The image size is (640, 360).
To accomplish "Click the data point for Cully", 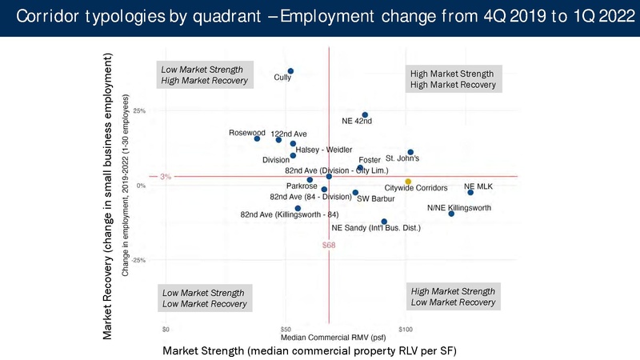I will pos(290,71).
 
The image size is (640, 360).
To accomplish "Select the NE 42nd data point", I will pos(365,115).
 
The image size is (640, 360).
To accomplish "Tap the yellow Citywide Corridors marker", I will pos(408,182).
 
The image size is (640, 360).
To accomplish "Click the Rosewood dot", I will pos(257,138).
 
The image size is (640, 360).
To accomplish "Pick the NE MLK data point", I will pos(470,192).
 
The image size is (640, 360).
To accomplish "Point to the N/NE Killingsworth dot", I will pos(451,214).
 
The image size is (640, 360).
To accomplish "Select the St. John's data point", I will pos(410,152).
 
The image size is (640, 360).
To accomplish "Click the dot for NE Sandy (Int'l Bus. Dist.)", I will pos(384,222).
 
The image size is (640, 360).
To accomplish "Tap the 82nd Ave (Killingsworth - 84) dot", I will pos(298,208).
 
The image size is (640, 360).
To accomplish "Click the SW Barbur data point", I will pos(355,192).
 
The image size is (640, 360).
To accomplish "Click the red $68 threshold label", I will pos(329,245).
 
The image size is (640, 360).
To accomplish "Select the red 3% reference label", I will pos(166,177).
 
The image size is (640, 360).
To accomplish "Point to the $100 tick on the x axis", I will pos(406,328).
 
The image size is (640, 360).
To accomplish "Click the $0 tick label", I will pos(166,328).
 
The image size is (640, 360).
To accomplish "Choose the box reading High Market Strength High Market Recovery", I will pos(453,78).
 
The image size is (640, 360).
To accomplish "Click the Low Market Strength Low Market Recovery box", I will pos(204,297).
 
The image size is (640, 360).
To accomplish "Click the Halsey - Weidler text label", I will pos(328,150).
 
